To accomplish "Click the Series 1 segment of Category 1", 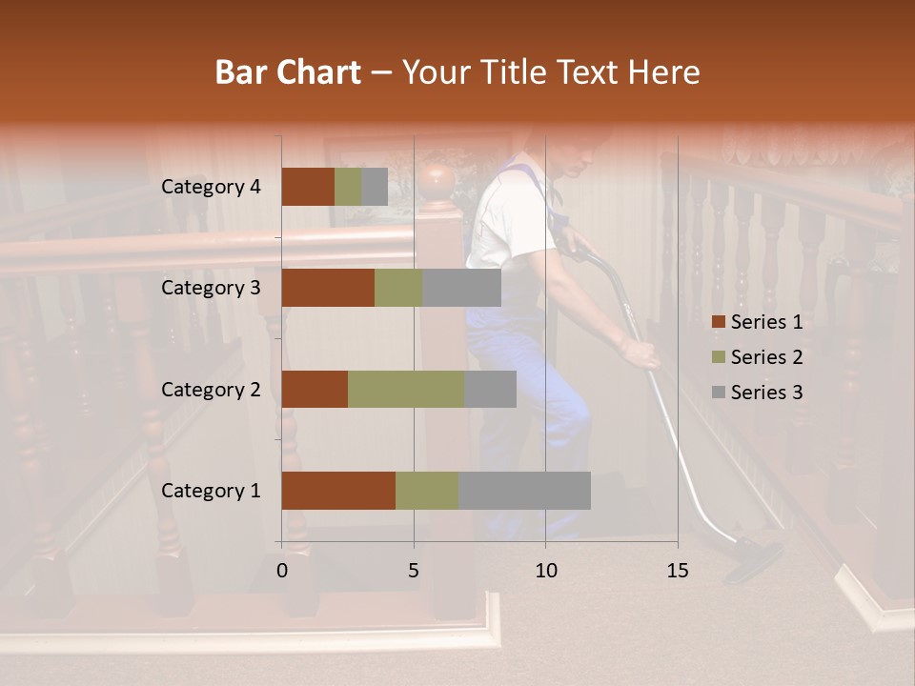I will point(338,491).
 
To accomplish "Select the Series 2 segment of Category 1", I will point(427,491).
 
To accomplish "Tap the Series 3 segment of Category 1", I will point(524,491).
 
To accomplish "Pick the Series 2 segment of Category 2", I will point(406,389).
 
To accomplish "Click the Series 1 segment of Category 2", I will point(315,389).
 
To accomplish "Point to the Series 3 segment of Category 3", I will point(461,288).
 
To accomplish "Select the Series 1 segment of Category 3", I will point(328,288).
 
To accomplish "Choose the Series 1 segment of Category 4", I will point(308,187).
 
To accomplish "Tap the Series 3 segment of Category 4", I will point(375,187).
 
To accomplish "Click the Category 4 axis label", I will point(211,187).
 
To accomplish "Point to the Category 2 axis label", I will point(211,389).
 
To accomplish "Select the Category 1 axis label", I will point(211,491).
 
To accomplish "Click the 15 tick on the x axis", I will point(677,571).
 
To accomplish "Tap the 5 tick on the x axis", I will point(414,571).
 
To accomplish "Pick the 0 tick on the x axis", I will point(282,571).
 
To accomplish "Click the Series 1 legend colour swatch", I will point(718,322).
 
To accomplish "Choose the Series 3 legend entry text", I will point(767,393).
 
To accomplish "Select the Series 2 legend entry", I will point(758,357).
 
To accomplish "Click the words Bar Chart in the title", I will point(288,71).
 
